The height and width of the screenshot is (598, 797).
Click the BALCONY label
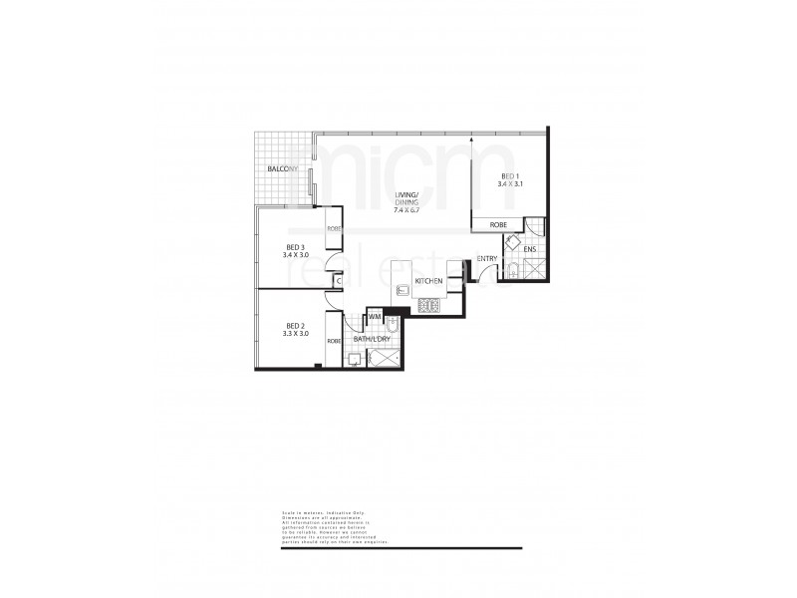click(x=282, y=170)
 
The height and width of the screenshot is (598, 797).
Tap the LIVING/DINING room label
click(x=409, y=198)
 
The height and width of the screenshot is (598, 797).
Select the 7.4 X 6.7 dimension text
click(x=409, y=210)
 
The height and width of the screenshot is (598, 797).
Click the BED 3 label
click(x=294, y=247)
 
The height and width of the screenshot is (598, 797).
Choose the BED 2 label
click(x=294, y=326)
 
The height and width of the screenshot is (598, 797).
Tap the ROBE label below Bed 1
click(x=497, y=225)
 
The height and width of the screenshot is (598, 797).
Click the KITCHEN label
click(x=428, y=282)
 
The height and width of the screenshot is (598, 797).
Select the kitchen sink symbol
click(x=401, y=290)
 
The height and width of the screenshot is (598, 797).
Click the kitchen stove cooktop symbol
click(x=429, y=305)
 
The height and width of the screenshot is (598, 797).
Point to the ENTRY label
click(x=487, y=260)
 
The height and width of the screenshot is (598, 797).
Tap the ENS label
click(x=530, y=249)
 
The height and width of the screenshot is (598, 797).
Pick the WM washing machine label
click(x=375, y=317)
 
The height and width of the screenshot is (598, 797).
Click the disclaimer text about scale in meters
click(x=329, y=527)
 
